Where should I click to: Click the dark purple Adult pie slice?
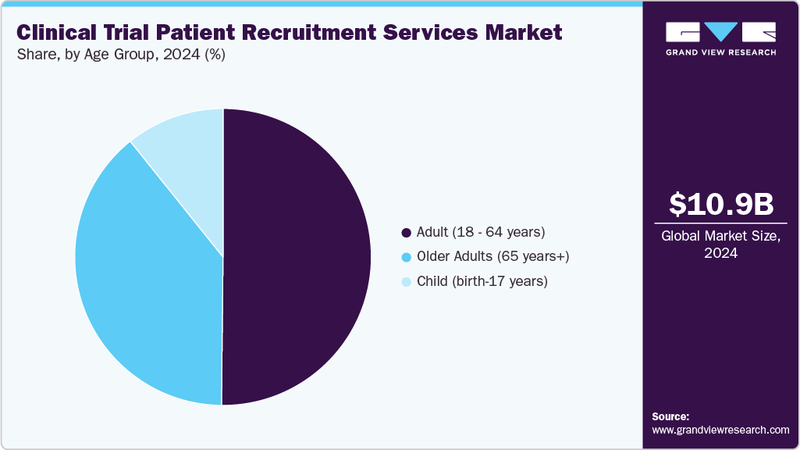pos(297,258)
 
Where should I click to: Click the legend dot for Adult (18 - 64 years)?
pos(406,233)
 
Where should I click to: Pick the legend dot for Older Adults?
pos(406,257)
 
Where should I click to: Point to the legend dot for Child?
pos(406,282)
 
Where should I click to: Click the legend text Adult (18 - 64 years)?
pos(481,232)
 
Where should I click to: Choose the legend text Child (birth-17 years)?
pos(482,281)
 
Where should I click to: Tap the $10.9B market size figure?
pos(721,204)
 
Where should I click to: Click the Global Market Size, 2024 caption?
pos(721,244)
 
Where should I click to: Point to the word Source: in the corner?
pos(670,416)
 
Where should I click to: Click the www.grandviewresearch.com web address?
pos(720,430)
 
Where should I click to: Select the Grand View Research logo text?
pos(720,52)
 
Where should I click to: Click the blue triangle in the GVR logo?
pos(720,31)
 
